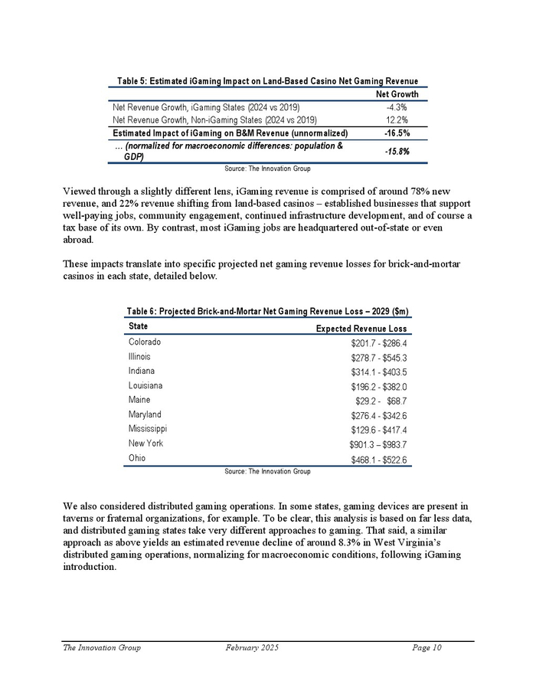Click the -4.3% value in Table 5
pyautogui.click(x=396, y=107)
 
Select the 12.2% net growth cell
pyautogui.click(x=396, y=119)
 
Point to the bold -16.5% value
pyautogui.click(x=396, y=133)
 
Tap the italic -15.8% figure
pyautogui.click(x=396, y=151)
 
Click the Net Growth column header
pyautogui.click(x=396, y=94)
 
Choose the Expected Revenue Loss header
pyautogui.click(x=361, y=329)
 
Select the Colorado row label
pyautogui.click(x=145, y=342)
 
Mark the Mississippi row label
pyautogui.click(x=148, y=429)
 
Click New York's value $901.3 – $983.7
pyautogui.click(x=377, y=445)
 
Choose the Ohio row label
pyautogui.click(x=137, y=458)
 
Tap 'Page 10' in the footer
pyautogui.click(x=427, y=648)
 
